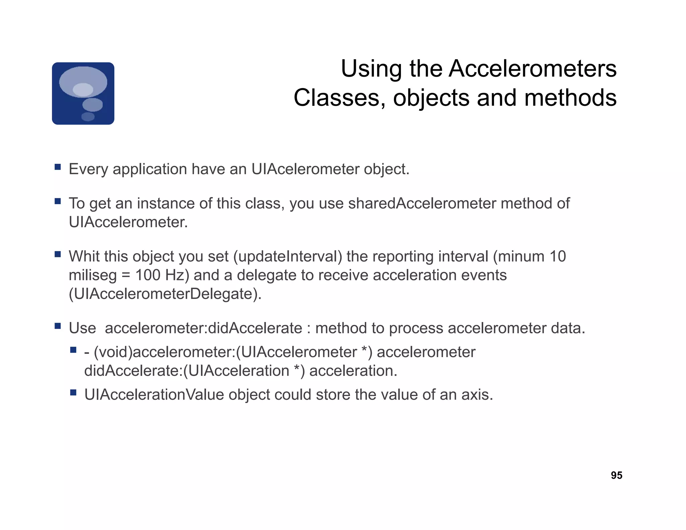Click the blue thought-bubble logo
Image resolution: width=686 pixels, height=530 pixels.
coord(83,93)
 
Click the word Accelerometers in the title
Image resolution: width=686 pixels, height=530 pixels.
coord(532,69)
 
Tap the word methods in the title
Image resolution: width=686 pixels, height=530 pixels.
coord(570,98)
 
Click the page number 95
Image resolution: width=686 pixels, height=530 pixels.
coord(616,475)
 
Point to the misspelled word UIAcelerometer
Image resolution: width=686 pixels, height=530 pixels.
coord(305,169)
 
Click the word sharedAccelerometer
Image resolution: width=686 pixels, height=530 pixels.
coord(422,203)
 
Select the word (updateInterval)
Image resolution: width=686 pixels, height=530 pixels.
coord(288,257)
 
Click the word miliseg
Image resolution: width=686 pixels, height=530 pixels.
coord(92,275)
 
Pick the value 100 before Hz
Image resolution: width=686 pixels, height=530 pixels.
coord(147,275)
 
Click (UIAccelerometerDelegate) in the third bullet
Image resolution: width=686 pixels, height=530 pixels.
coord(165,294)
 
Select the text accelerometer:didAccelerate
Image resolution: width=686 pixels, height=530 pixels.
coord(203,328)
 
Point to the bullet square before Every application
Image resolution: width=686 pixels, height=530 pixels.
coord(58,167)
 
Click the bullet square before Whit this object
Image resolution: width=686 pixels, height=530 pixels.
coord(58,254)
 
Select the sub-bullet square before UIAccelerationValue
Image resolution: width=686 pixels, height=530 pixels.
coord(73,392)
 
